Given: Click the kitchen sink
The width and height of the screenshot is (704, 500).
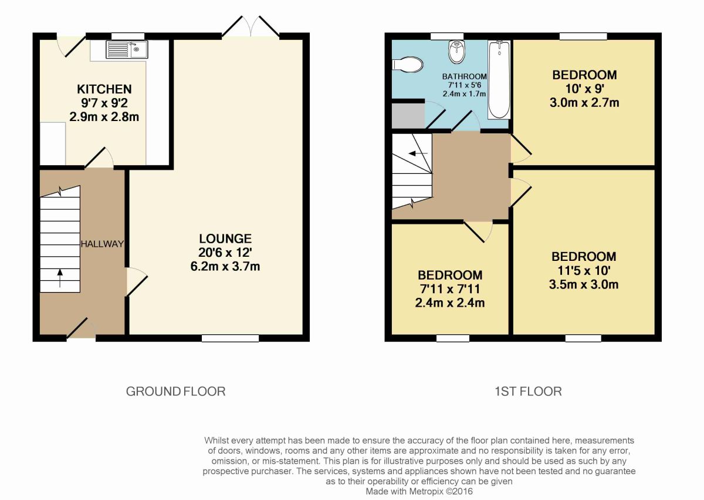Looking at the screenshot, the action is pyautogui.click(x=127, y=50).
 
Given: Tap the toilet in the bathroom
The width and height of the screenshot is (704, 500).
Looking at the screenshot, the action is pyautogui.click(x=407, y=65).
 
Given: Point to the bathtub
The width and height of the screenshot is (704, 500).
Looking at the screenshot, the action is pyautogui.click(x=499, y=80).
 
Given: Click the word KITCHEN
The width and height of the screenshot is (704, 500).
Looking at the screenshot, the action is pyautogui.click(x=104, y=89).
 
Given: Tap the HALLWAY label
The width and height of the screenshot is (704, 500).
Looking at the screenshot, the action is pyautogui.click(x=103, y=244).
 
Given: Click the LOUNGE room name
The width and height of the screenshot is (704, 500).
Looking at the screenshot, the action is pyautogui.click(x=225, y=239).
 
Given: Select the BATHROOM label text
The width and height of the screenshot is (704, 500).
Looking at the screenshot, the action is pyautogui.click(x=465, y=76).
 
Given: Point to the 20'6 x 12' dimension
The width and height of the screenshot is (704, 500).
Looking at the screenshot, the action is pyautogui.click(x=225, y=253).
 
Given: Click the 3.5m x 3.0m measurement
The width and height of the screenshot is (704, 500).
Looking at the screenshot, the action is pyautogui.click(x=584, y=285).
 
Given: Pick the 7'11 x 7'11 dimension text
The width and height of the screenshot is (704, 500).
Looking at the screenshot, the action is pyautogui.click(x=450, y=289).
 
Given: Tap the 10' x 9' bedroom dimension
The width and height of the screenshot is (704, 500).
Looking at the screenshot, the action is pyautogui.click(x=584, y=89).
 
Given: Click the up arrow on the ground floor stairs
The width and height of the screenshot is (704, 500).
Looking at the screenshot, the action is pyautogui.click(x=60, y=278).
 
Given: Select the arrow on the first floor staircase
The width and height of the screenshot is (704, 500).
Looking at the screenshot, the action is pyautogui.click(x=418, y=153).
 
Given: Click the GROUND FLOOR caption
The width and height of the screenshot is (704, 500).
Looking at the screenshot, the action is pyautogui.click(x=175, y=391).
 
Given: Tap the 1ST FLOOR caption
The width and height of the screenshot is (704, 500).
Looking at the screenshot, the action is pyautogui.click(x=528, y=391).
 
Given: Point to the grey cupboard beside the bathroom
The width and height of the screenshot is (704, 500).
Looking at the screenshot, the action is pyautogui.click(x=408, y=116).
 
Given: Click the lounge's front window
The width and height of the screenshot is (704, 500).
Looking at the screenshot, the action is pyautogui.click(x=230, y=338).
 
